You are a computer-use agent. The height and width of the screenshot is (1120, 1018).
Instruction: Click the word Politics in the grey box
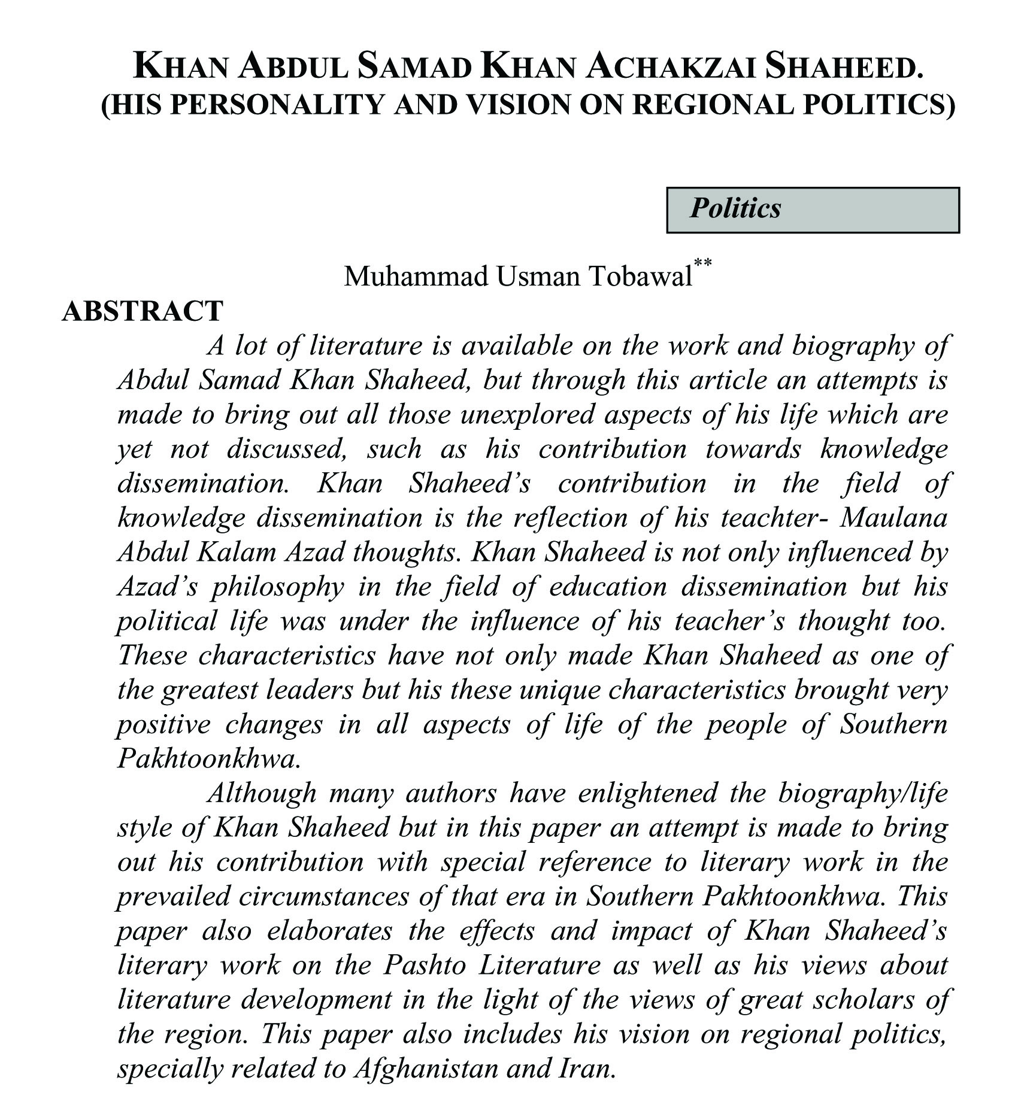click(735, 208)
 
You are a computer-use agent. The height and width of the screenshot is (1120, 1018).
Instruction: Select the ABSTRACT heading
click(143, 311)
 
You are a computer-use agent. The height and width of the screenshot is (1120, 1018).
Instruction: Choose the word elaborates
click(329, 931)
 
